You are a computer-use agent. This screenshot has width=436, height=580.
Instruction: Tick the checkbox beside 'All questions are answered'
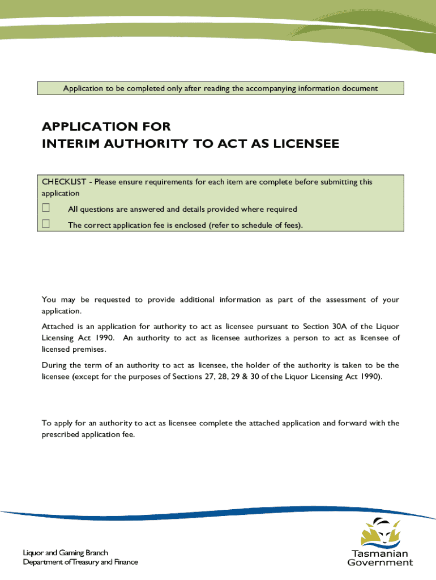(x=46, y=209)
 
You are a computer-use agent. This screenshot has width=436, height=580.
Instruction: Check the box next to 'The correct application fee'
(x=46, y=224)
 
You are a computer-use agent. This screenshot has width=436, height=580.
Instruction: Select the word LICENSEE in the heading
(x=307, y=144)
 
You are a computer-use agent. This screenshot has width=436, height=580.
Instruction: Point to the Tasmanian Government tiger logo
(x=379, y=532)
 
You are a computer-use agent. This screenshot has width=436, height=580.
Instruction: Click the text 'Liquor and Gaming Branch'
(x=65, y=552)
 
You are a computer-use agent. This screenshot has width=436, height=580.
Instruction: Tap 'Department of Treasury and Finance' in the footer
(x=80, y=562)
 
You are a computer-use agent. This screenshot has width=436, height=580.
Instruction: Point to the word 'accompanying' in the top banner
(x=294, y=88)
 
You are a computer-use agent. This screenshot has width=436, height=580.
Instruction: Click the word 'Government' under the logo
(x=379, y=562)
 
